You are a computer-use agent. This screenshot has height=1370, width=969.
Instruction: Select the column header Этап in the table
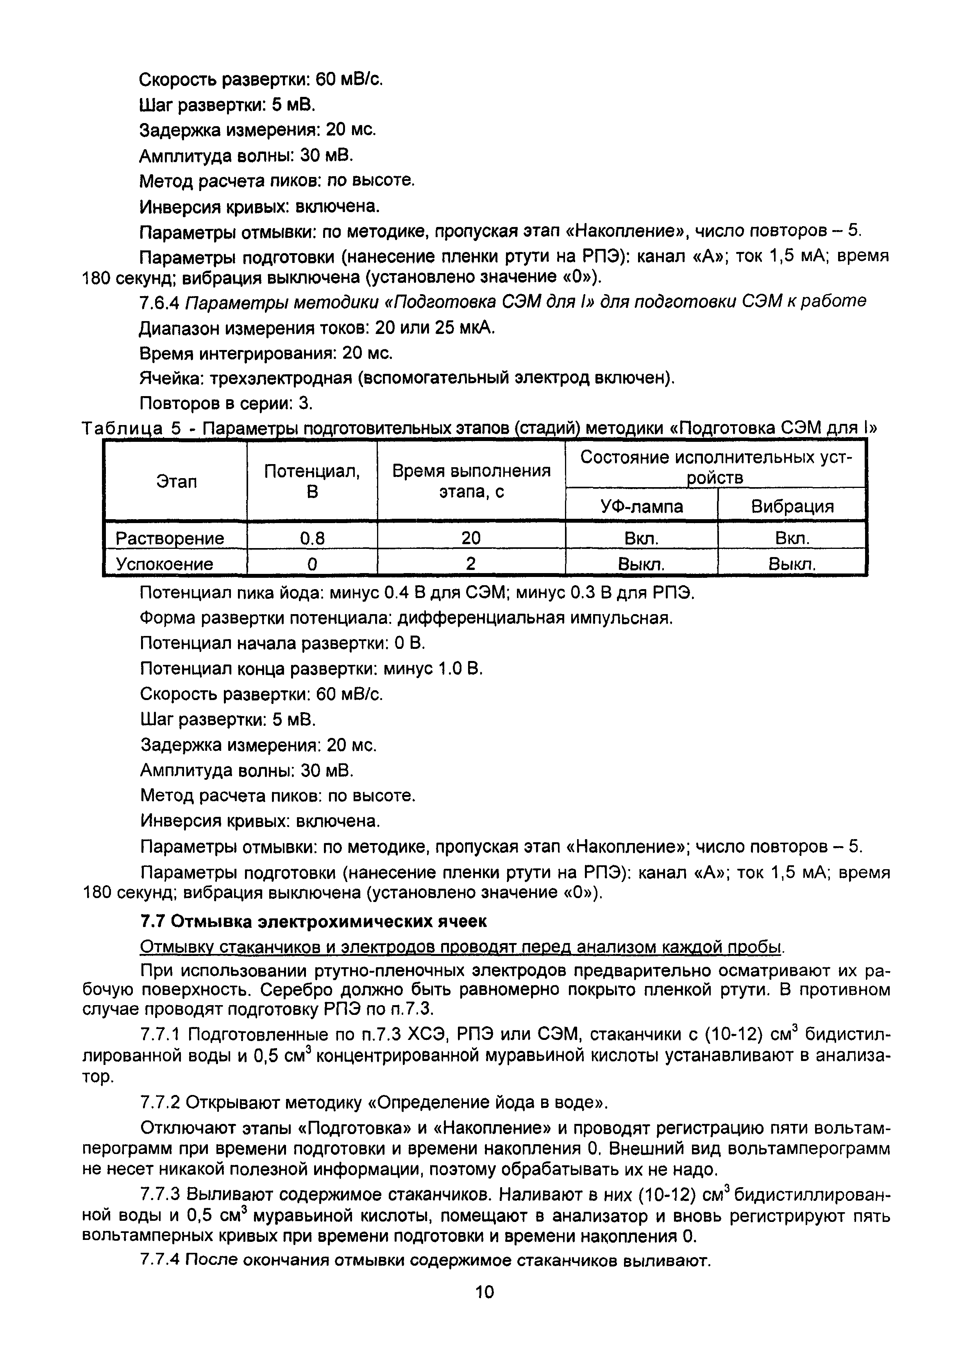pos(177,482)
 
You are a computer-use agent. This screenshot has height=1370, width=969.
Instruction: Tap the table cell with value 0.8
pos(312,539)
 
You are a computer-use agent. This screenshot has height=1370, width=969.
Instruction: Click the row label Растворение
pos(170,539)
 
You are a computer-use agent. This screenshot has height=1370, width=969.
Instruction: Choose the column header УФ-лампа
pos(642,507)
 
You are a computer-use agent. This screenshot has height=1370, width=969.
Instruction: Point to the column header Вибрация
pos(792,507)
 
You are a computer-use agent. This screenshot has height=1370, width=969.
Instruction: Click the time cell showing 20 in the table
pos(471,539)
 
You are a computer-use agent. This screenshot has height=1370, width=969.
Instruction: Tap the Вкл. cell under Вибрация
pos(792,539)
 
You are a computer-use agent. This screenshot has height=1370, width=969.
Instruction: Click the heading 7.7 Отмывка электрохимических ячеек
pos(313,922)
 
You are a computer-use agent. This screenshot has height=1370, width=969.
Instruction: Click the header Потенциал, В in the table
pos(312,482)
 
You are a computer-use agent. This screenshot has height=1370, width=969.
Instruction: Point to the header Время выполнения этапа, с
pos(471,482)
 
